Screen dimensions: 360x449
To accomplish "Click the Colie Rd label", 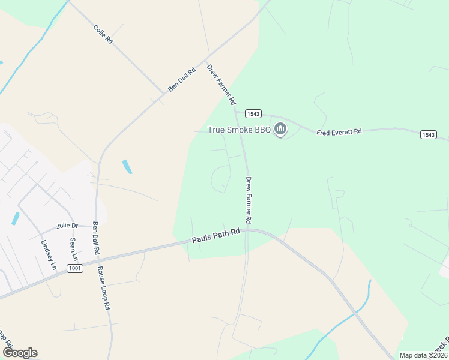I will [x=103, y=34].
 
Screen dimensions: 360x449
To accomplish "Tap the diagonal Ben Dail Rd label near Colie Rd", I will [x=182, y=79].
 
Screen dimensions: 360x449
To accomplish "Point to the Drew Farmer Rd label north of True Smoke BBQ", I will [x=221, y=84].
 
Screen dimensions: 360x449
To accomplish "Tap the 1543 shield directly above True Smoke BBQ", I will [x=253, y=114].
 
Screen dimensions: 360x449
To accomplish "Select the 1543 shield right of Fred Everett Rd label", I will [x=428, y=135].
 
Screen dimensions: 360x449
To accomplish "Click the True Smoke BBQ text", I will [x=239, y=130].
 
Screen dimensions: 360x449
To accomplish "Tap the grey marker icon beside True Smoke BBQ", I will [x=280, y=129].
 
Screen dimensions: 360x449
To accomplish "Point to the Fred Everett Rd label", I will [x=339, y=131].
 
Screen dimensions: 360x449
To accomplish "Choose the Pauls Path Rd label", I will [x=216, y=235].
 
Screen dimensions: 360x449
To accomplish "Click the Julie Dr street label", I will [x=67, y=226].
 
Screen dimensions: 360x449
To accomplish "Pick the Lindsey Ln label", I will [x=47, y=255].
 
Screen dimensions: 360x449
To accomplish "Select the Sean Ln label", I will [x=74, y=248].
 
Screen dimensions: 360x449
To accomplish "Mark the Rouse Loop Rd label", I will [x=104, y=287].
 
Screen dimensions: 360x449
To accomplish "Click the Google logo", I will [x=20, y=353].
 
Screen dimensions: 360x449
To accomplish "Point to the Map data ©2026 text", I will [x=423, y=355].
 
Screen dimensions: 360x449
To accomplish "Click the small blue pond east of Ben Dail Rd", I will [x=126, y=166].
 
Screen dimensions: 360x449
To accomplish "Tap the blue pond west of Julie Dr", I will [x=14, y=219].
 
